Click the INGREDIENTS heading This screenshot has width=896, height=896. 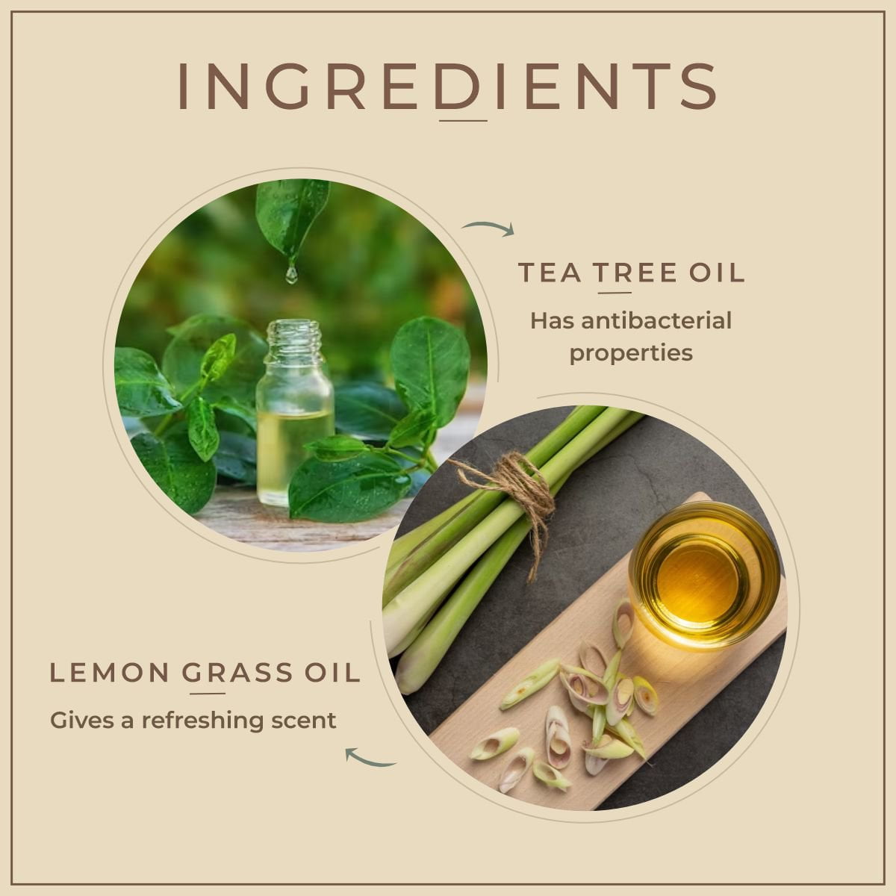click(x=447, y=87)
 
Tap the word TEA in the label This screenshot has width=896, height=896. click(x=550, y=273)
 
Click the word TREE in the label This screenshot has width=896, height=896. click(x=635, y=273)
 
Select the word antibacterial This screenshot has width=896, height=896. click(x=656, y=321)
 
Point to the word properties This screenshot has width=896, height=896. click(x=631, y=353)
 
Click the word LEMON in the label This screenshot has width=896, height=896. click(x=109, y=673)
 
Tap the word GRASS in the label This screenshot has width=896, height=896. click(x=237, y=673)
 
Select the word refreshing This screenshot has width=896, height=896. click(x=203, y=721)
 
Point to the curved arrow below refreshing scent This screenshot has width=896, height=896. click(x=370, y=758)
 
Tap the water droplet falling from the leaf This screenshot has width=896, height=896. click(x=291, y=274)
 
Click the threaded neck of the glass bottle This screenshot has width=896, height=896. click(x=294, y=336)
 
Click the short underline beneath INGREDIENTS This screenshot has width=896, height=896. click(x=463, y=121)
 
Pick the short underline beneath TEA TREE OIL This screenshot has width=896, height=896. click(x=615, y=293)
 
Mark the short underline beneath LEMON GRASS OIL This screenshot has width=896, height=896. click(x=208, y=693)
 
